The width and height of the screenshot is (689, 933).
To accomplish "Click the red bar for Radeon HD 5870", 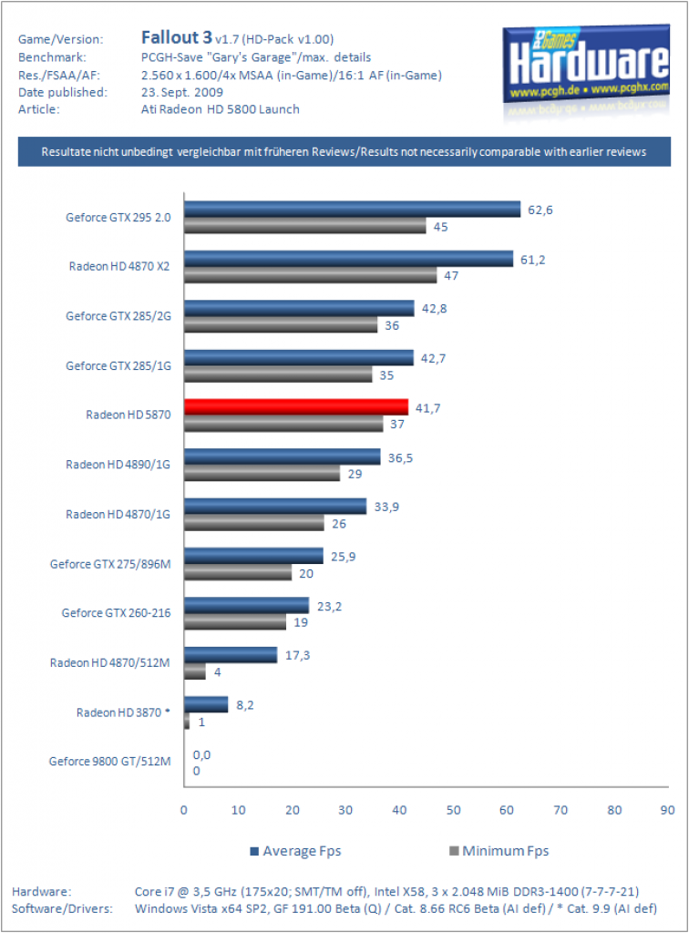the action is (x=296, y=407).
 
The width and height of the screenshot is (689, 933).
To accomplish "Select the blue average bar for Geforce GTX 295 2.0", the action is (x=352, y=210).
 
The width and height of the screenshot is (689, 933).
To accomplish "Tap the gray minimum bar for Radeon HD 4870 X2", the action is (x=311, y=275).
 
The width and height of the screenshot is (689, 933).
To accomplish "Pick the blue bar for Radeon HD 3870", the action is (x=206, y=704).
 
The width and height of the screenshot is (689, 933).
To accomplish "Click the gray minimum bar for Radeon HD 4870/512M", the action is (x=195, y=672).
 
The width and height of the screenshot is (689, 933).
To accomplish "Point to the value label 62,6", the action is (x=540, y=210).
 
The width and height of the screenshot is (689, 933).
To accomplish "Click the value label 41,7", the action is (x=427, y=408).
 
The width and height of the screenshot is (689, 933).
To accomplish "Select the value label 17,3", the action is (x=297, y=655).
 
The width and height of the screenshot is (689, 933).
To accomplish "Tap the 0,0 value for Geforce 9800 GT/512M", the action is (x=201, y=754).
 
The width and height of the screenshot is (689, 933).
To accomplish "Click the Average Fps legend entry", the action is (x=295, y=851).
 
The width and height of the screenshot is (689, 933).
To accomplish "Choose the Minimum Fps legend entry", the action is (x=499, y=851).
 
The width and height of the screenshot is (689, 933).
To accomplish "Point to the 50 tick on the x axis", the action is (x=453, y=810).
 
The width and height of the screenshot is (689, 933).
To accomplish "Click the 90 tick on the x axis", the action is (x=667, y=810).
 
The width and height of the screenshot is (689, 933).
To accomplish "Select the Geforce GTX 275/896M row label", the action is (x=110, y=563).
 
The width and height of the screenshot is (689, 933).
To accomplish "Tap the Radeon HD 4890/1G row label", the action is (x=118, y=464).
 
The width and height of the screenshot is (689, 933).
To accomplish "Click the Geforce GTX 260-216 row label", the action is (x=116, y=613).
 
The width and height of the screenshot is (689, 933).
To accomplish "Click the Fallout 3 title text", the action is (x=176, y=37).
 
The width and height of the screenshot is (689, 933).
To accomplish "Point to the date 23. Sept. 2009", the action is (x=182, y=92).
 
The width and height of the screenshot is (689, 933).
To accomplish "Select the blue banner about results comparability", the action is (x=344, y=152).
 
